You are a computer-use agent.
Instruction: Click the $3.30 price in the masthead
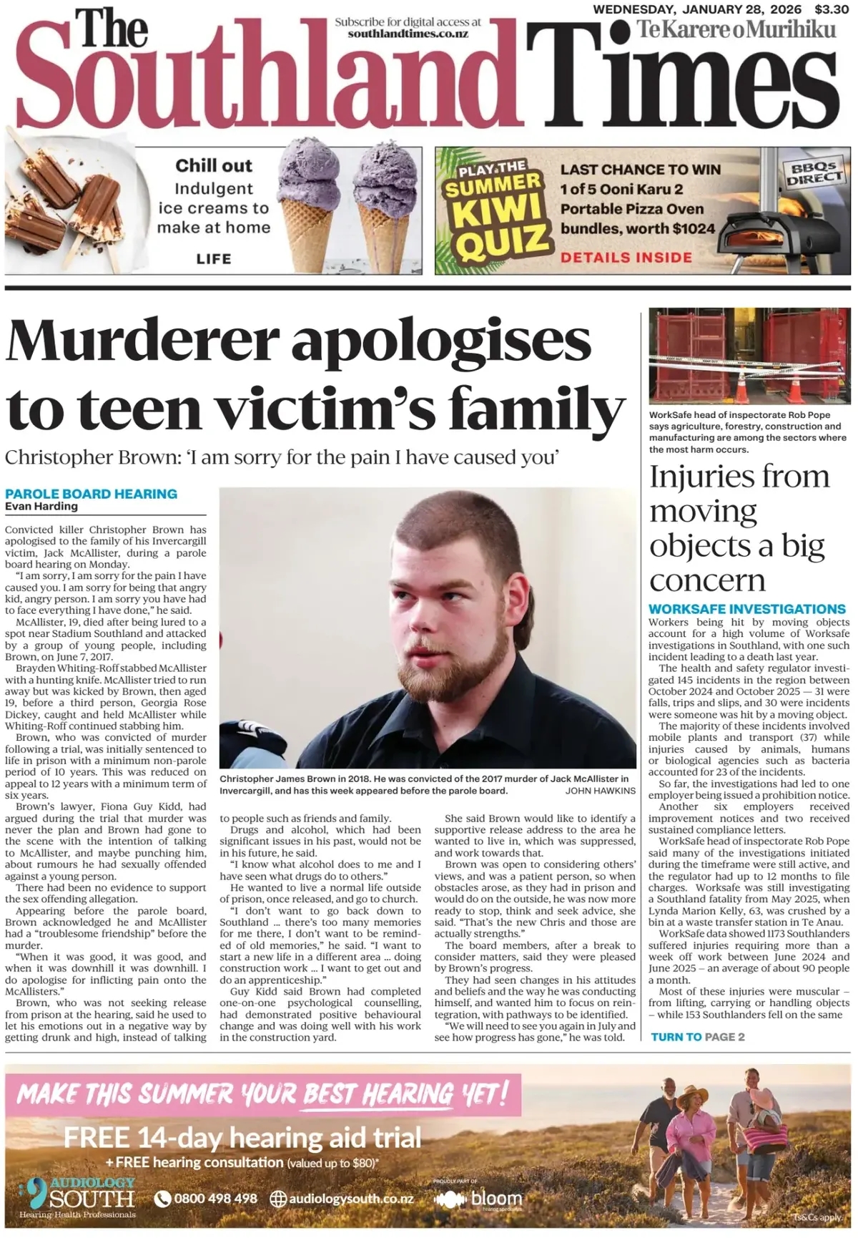pos(832,9)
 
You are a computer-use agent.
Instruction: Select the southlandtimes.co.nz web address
pos(408,34)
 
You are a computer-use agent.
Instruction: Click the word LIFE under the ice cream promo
pos(214,258)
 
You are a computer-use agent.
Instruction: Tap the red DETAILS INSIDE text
pos(626,258)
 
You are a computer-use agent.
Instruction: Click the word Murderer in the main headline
pos(142,341)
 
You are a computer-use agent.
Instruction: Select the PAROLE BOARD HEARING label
pos(91,494)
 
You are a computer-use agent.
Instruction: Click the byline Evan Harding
pos(41,507)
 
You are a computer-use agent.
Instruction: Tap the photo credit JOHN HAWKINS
pos(600,791)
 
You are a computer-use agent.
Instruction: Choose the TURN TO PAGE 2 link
pos(697,1037)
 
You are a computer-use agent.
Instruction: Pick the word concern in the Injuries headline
pos(707,580)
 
